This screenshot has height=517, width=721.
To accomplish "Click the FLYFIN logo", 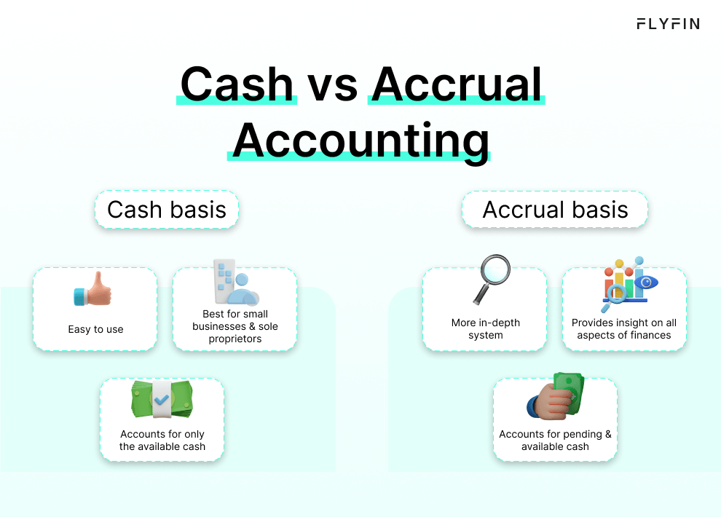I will click(x=668, y=24).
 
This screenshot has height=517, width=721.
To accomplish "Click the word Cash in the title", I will click(x=237, y=84).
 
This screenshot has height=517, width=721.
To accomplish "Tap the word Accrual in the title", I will click(x=457, y=84).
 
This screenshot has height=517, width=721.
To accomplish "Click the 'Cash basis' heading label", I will click(x=167, y=210).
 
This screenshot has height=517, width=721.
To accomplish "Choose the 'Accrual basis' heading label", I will click(x=555, y=210).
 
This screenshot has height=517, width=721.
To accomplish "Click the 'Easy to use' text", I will click(x=95, y=329).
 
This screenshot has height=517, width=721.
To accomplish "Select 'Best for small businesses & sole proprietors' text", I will click(x=235, y=326).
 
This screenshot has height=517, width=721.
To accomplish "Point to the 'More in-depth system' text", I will click(x=486, y=329).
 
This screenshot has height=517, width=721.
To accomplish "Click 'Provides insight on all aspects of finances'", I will click(x=624, y=329).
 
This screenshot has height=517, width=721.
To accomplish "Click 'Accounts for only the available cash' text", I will click(x=162, y=440).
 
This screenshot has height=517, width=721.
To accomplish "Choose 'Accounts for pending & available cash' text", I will click(x=555, y=440).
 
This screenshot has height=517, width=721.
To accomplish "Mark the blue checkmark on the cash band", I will click(x=162, y=400).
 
